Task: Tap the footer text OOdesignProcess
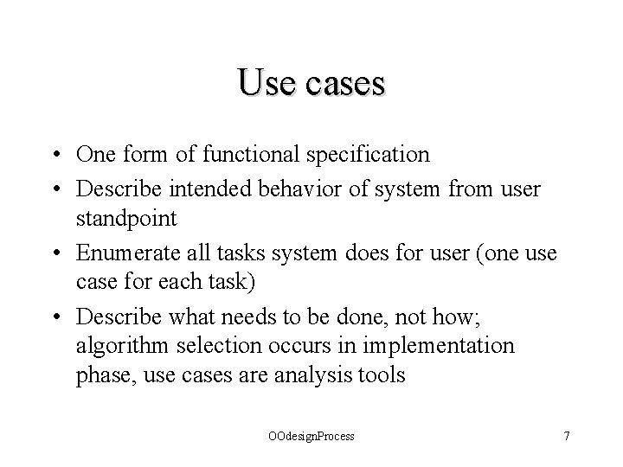coord(311,437)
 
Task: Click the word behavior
coord(258,187)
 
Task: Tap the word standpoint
coord(125,219)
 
